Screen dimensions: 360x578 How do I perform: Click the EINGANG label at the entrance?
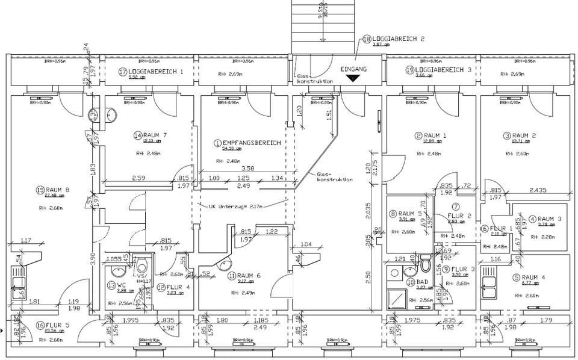tap(353, 69)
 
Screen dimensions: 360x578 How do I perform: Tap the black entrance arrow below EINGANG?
tap(353, 79)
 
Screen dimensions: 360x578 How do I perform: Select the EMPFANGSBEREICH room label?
tap(252, 143)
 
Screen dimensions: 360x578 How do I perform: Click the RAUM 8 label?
tap(57, 190)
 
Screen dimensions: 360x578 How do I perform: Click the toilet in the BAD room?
tap(426, 264)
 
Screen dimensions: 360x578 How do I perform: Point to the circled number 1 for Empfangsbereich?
tap(217, 143)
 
